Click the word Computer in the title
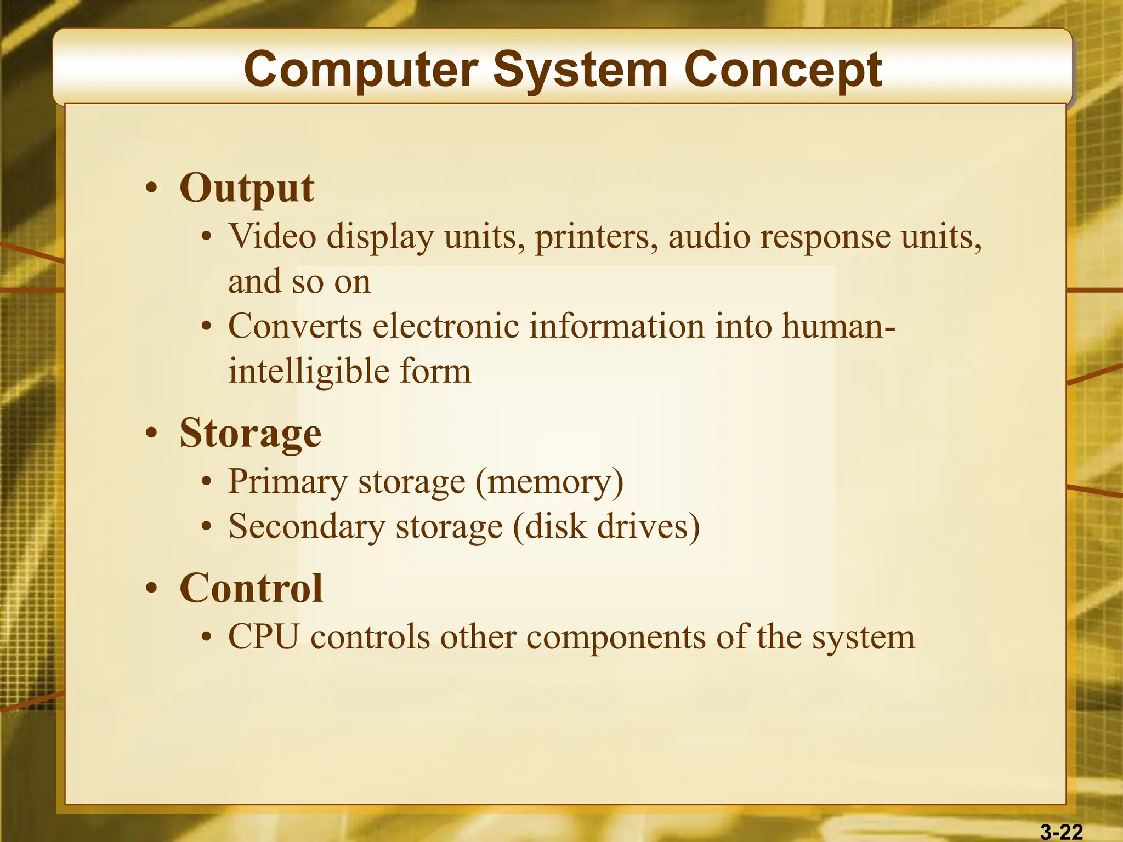pyautogui.click(x=361, y=70)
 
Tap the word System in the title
pyautogui.click(x=580, y=70)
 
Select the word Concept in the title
pyautogui.click(x=782, y=70)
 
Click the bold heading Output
pyautogui.click(x=247, y=188)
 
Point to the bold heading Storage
pyautogui.click(x=250, y=434)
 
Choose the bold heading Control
pyautogui.click(x=251, y=588)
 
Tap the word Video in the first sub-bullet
pyautogui.click(x=273, y=237)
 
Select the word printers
pyautogui.click(x=596, y=237)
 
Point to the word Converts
pyautogui.click(x=295, y=326)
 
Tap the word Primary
pyautogui.click(x=288, y=482)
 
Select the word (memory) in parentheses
pyautogui.click(x=549, y=482)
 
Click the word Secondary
pyautogui.click(x=307, y=527)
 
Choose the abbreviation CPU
pyautogui.click(x=264, y=637)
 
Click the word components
pyautogui.click(x=616, y=638)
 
